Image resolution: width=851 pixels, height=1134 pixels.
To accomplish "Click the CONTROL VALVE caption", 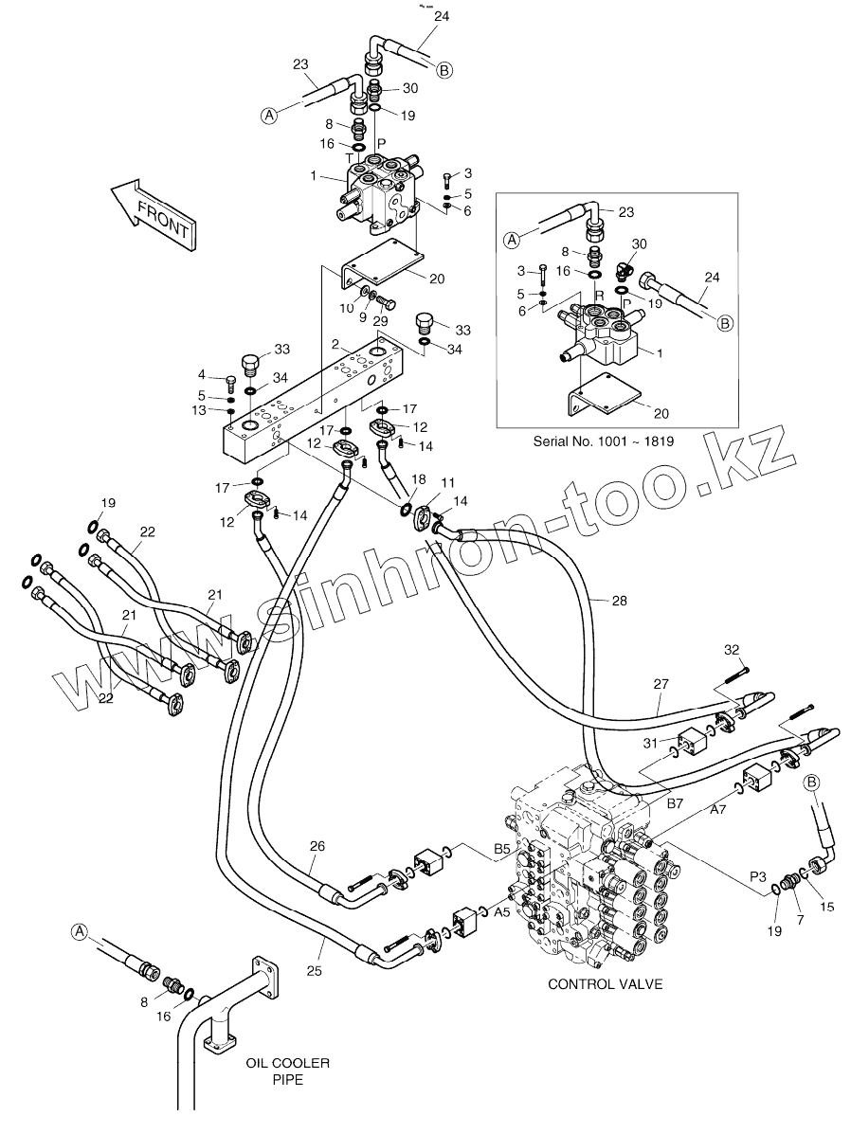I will [x=605, y=983].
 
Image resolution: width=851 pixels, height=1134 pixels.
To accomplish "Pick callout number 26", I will [x=317, y=846].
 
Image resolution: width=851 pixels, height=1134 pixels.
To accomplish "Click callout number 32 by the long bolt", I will [x=731, y=650].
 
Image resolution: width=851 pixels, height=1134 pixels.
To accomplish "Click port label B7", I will [x=675, y=803].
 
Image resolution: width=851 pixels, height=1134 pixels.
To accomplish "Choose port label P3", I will [x=757, y=877].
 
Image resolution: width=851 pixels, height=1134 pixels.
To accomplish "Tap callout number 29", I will [x=381, y=321].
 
